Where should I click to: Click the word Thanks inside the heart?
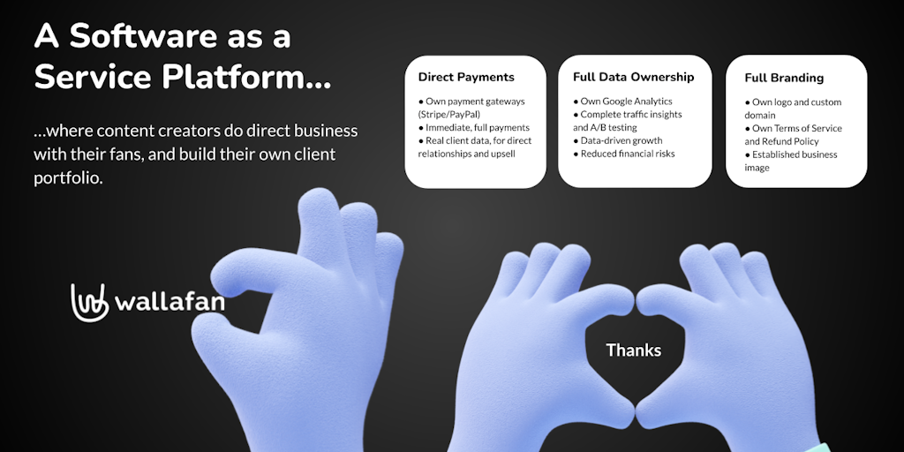[633, 350]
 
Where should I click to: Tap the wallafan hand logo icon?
[90, 302]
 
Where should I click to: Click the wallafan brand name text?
[169, 302]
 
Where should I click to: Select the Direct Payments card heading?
[466, 77]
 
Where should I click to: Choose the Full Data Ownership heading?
[633, 77]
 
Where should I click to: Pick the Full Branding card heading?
[784, 78]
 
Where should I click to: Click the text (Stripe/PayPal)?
[449, 114]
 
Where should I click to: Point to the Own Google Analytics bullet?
[622, 101]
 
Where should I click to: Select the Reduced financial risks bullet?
[624, 154]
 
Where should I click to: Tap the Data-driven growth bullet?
[617, 140]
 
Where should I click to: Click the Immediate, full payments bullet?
[474, 127]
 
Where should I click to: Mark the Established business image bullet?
[790, 161]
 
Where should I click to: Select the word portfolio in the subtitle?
[68, 178]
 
